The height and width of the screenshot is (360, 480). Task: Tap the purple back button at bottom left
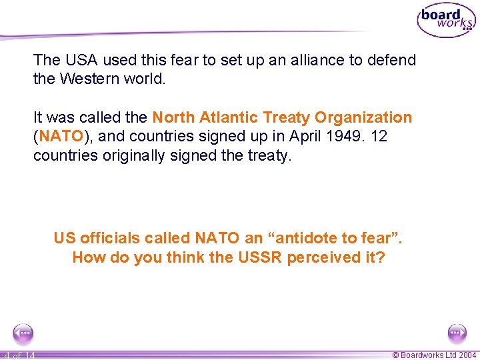click(23, 333)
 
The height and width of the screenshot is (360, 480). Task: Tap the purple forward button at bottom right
click(457, 333)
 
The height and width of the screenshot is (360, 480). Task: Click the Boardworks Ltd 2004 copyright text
click(434, 355)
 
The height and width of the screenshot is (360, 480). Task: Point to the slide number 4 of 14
click(18, 355)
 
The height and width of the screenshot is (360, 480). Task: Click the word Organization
click(363, 118)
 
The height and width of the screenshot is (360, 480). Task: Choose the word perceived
click(325, 257)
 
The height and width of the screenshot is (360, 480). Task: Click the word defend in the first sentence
click(391, 60)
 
